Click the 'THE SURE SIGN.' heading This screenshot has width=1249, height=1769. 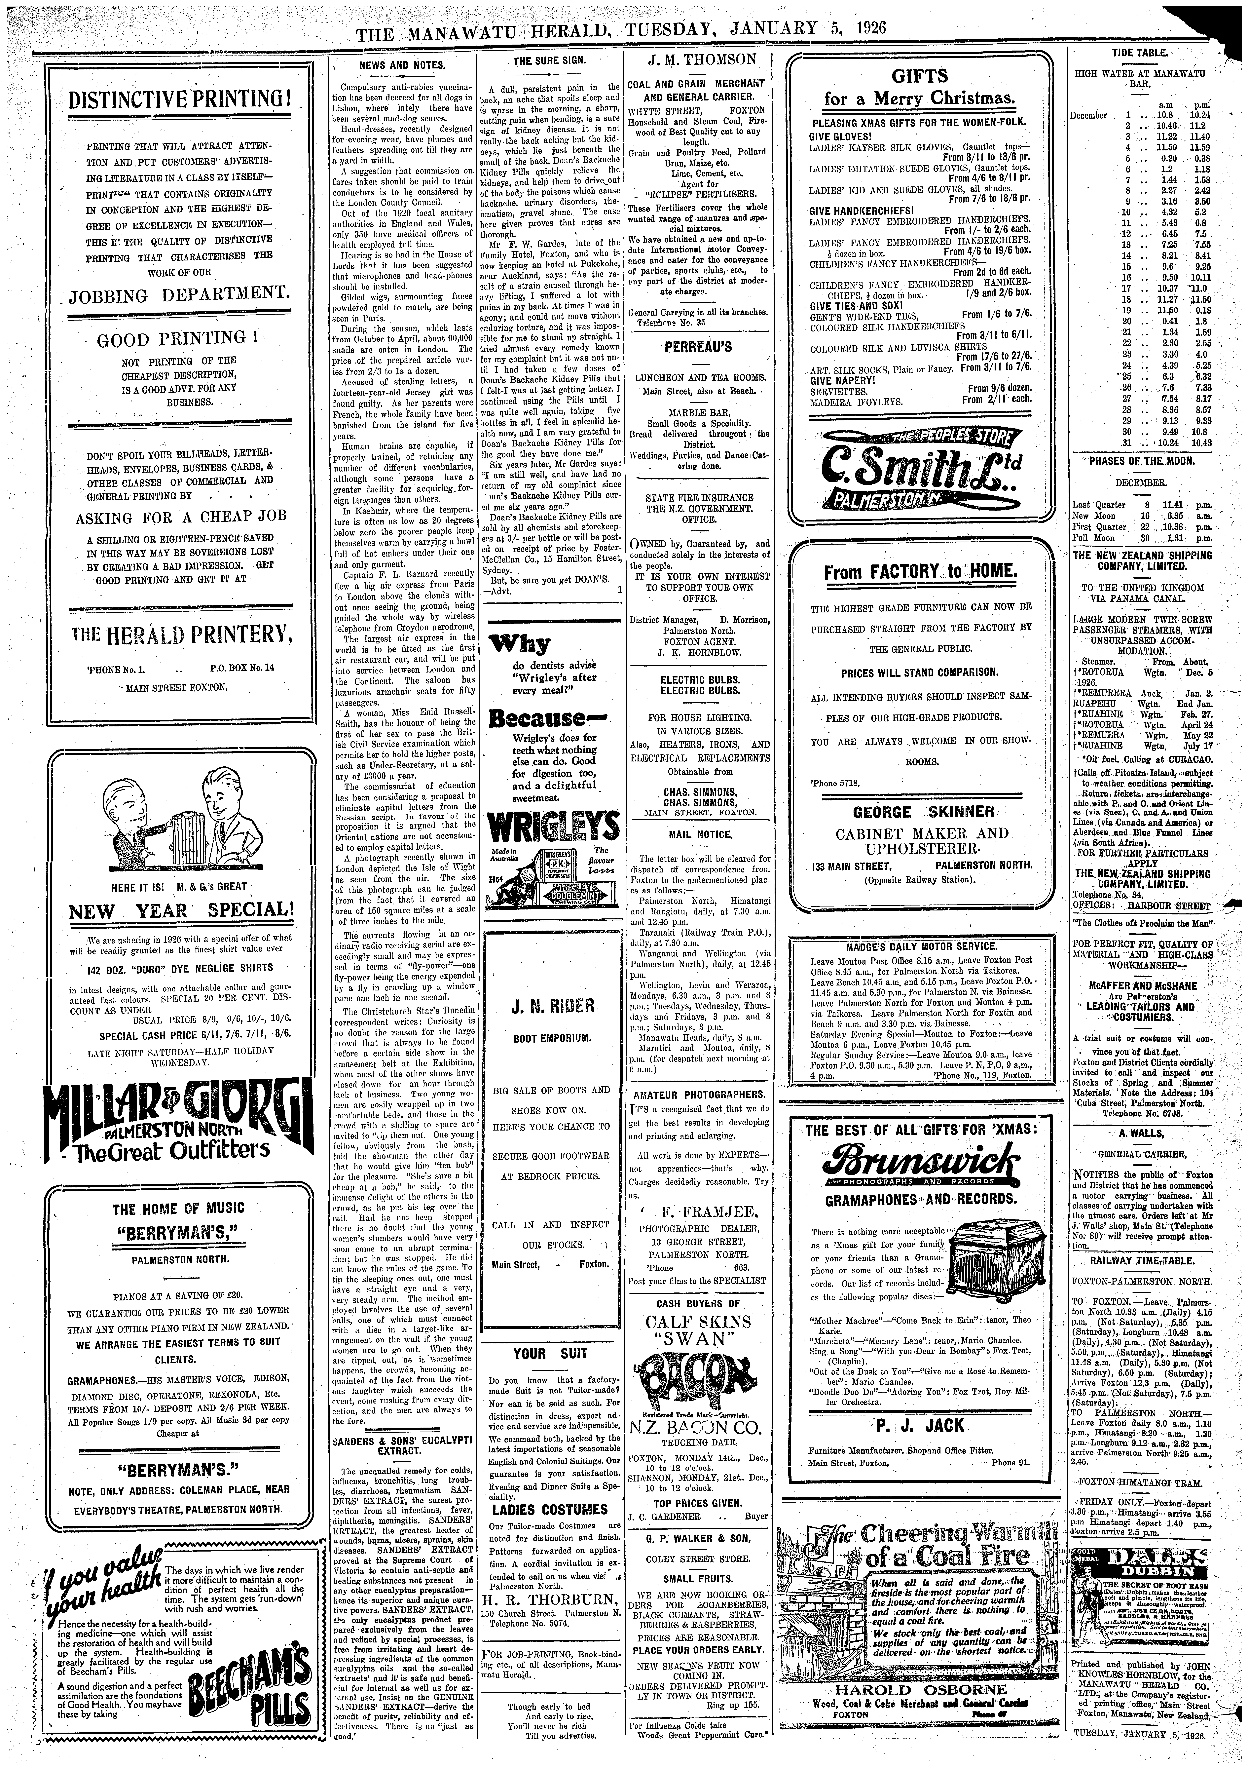(549, 61)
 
